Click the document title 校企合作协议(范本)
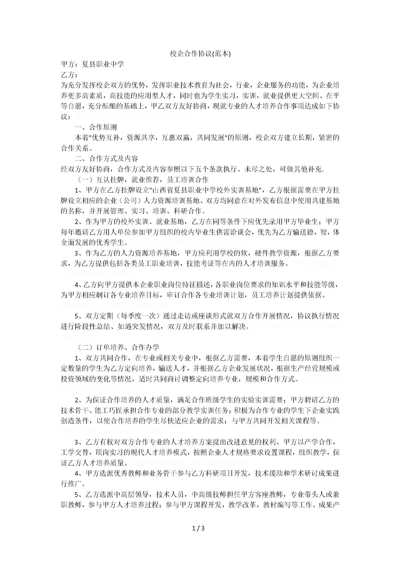(200, 54)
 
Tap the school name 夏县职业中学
(103, 64)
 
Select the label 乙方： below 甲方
(69, 75)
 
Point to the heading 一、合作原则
(96, 127)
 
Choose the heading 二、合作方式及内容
(106, 159)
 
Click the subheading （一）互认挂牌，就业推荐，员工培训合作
(142, 180)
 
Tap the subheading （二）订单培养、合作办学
(118, 347)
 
